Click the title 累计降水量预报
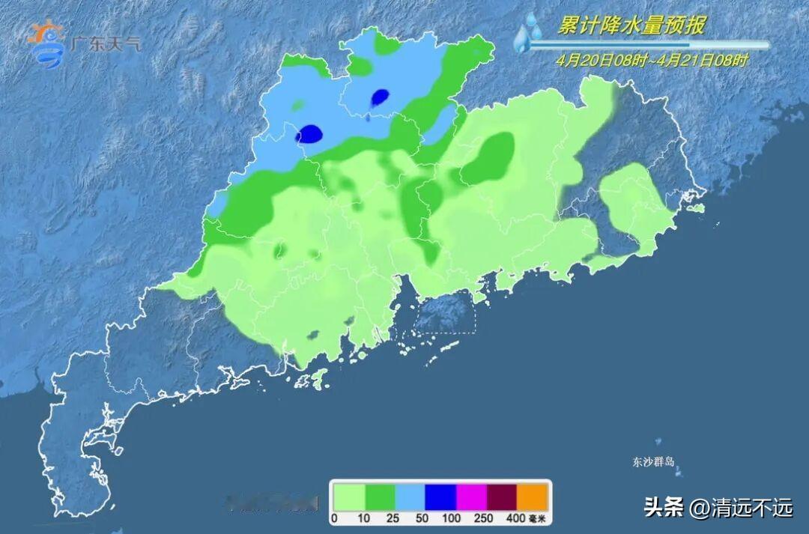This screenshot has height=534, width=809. [631, 26]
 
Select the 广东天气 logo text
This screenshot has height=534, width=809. [104, 44]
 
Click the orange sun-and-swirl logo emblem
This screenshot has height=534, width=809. [46, 43]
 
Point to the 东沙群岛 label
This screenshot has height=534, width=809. [653, 462]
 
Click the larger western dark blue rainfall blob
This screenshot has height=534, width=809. [309, 135]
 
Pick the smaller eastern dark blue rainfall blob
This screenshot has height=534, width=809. [381, 97]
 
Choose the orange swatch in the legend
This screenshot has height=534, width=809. [533, 497]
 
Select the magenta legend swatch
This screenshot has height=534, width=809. [471, 497]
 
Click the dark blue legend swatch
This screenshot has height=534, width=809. [440, 497]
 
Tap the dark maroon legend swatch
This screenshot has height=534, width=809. [502, 497]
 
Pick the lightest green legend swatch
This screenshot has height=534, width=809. [348, 497]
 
